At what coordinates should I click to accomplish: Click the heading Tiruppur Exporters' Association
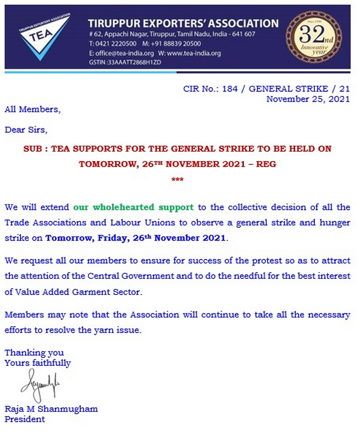coord(183,23)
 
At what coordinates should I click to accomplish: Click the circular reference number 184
coord(230,89)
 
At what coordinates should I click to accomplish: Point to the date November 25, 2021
coord(308,99)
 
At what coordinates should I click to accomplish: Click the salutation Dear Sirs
coord(26,130)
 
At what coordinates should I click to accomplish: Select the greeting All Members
coord(32,110)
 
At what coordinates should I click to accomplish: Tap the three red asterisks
coord(177,180)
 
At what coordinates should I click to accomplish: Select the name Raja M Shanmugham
coord(51,409)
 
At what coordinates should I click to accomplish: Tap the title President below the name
coord(24,419)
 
